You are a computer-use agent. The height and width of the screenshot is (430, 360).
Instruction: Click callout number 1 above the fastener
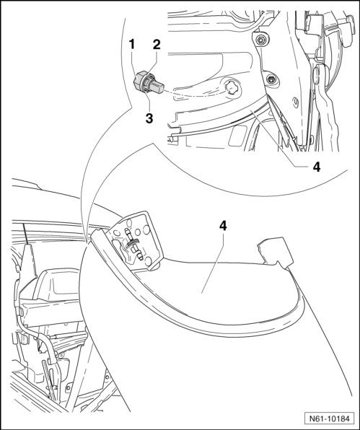[132, 44]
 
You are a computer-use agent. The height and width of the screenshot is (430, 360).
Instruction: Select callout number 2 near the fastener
[157, 45]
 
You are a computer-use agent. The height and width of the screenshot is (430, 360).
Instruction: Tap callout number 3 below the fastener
[149, 118]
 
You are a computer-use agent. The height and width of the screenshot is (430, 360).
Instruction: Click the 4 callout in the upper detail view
[317, 167]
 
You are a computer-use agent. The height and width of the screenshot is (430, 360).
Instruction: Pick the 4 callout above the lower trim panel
[223, 226]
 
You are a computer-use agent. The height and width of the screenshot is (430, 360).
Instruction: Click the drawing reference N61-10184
[330, 418]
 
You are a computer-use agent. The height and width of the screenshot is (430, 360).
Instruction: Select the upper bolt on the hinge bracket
[260, 40]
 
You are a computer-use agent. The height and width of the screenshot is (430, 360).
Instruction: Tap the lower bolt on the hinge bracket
[271, 79]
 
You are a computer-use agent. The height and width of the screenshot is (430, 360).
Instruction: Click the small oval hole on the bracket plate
[296, 102]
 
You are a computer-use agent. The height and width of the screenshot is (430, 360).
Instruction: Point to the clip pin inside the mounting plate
[133, 245]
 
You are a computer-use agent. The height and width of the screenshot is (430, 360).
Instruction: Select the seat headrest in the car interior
[55, 285]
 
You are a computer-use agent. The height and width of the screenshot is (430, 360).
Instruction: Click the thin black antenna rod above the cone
[26, 234]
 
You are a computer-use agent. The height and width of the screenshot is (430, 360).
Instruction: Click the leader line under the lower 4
[213, 263]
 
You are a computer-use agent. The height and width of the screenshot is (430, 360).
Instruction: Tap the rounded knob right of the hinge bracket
[317, 74]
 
